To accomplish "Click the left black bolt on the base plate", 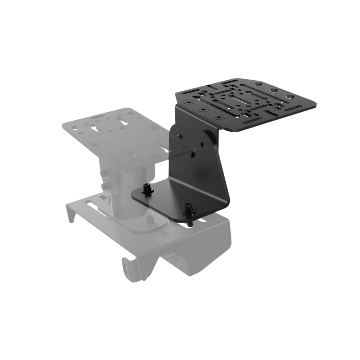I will [x=147, y=189].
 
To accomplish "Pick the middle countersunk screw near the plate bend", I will [x=203, y=109].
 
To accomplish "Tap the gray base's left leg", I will [x=72, y=215].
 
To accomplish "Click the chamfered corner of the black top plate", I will [x=259, y=80].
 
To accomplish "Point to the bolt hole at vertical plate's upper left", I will [x=179, y=137].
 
